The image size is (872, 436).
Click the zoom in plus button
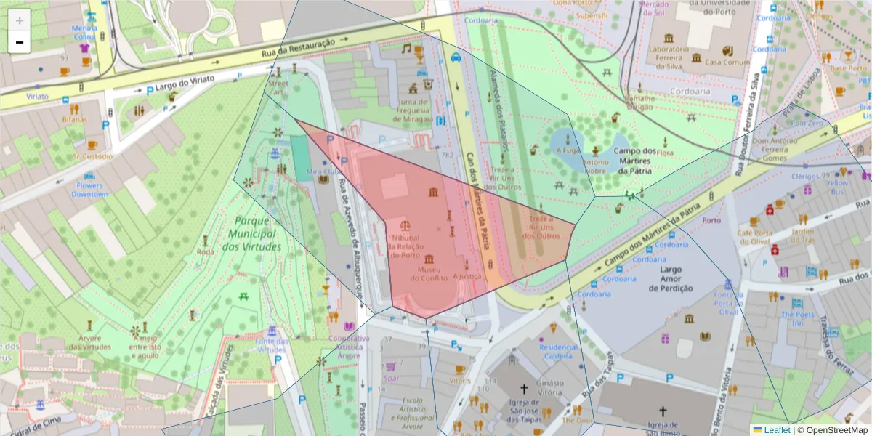[20, 20]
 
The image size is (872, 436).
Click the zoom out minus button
[20, 42]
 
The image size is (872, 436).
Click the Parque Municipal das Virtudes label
[251, 234]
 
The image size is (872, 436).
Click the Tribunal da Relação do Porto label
[405, 246]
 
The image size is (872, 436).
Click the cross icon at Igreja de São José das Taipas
[524, 389]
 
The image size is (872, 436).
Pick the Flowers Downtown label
[89, 190]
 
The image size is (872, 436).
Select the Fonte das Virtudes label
[272, 345]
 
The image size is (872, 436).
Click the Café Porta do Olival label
[754, 237]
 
